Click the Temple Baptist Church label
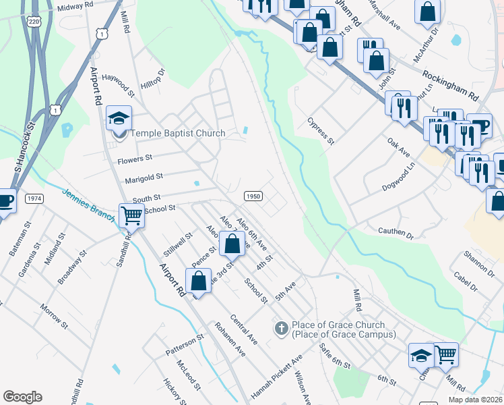177,133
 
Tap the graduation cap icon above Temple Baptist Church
119,119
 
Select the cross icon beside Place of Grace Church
280,329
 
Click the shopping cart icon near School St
132,216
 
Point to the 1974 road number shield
34,198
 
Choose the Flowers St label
135,160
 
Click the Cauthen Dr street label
395,234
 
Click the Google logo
22,397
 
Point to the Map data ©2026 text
475,400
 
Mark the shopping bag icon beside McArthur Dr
427,11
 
